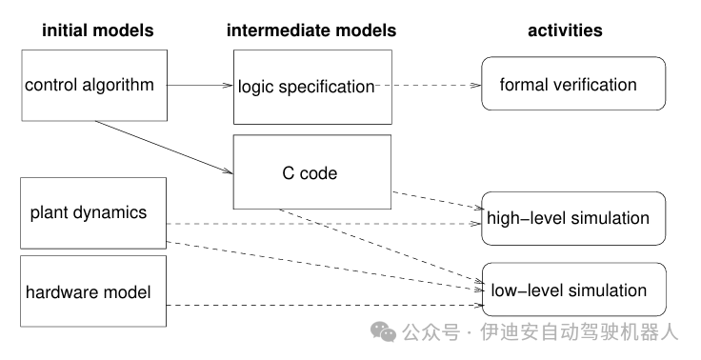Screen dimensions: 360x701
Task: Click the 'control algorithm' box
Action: (x=93, y=86)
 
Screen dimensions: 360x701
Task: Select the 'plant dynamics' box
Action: (x=93, y=212)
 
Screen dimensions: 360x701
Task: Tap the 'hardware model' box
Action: (x=93, y=291)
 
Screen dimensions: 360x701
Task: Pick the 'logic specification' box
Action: (x=311, y=88)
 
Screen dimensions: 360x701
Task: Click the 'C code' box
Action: (x=311, y=173)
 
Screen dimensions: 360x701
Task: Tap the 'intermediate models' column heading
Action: (x=311, y=30)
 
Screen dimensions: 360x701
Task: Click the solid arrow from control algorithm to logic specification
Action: (x=200, y=86)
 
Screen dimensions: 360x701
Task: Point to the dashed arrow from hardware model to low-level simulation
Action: (x=324, y=306)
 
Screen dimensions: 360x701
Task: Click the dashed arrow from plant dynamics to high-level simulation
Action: (x=324, y=225)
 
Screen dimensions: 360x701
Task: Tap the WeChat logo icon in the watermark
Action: (x=384, y=331)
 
